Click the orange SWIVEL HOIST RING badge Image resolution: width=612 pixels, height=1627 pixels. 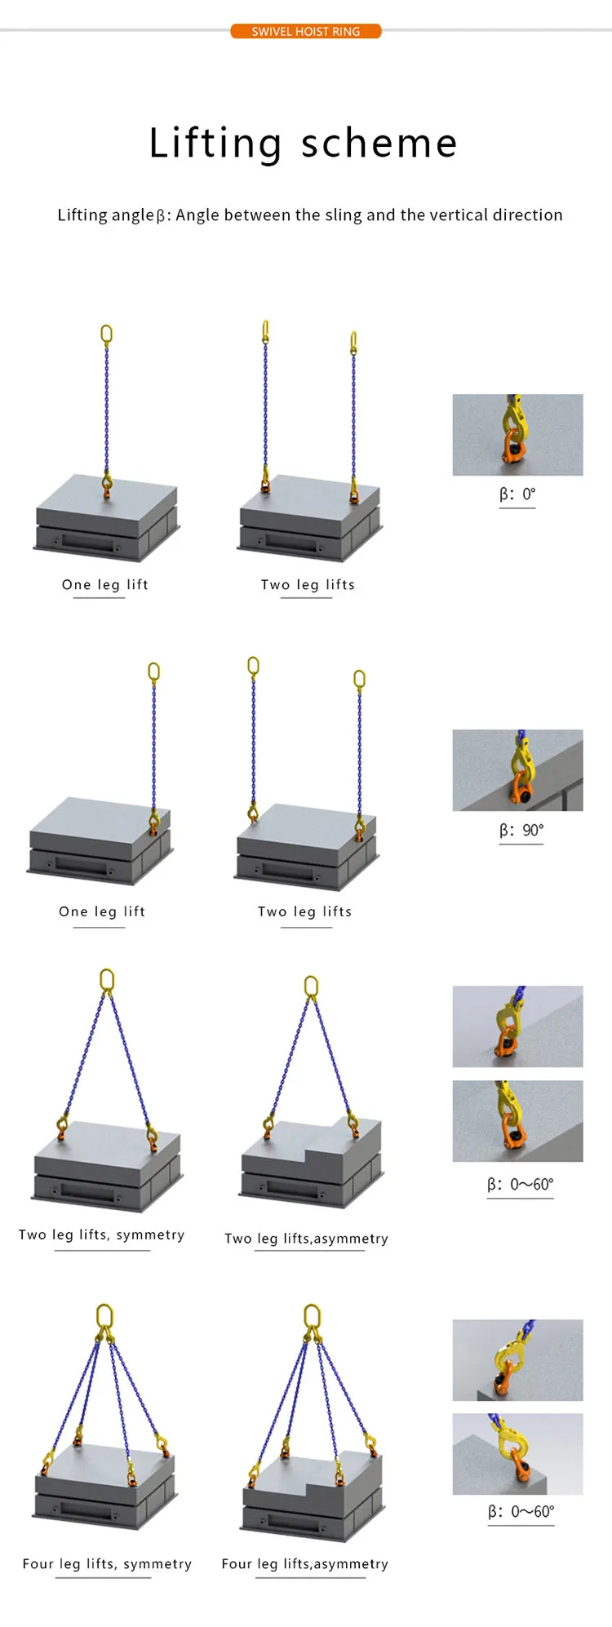[306, 31]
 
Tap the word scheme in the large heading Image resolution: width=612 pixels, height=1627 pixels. [379, 144]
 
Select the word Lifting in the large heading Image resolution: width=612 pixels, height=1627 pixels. [215, 144]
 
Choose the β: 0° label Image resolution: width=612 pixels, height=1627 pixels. [517, 494]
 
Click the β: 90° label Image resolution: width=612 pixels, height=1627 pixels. [521, 830]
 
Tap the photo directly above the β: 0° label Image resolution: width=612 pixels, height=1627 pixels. [517, 435]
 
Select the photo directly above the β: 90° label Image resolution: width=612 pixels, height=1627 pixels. [517, 770]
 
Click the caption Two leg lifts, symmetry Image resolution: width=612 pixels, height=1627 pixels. [102, 1235]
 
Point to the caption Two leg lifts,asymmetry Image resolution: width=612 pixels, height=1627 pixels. [306, 1239]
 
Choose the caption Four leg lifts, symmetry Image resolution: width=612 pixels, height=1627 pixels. [107, 1563]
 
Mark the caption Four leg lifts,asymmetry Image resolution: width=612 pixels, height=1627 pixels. [304, 1563]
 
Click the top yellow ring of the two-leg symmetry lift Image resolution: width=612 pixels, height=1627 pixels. [107, 980]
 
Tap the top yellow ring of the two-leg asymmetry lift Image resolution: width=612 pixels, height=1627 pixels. [311, 986]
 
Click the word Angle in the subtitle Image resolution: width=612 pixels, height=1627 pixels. [197, 215]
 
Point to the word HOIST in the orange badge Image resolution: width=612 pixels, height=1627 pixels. [312, 31]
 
